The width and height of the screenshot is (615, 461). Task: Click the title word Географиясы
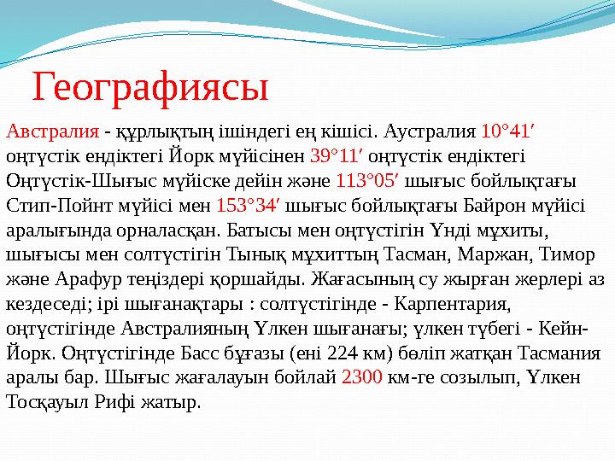pyautogui.click(x=150, y=86)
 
